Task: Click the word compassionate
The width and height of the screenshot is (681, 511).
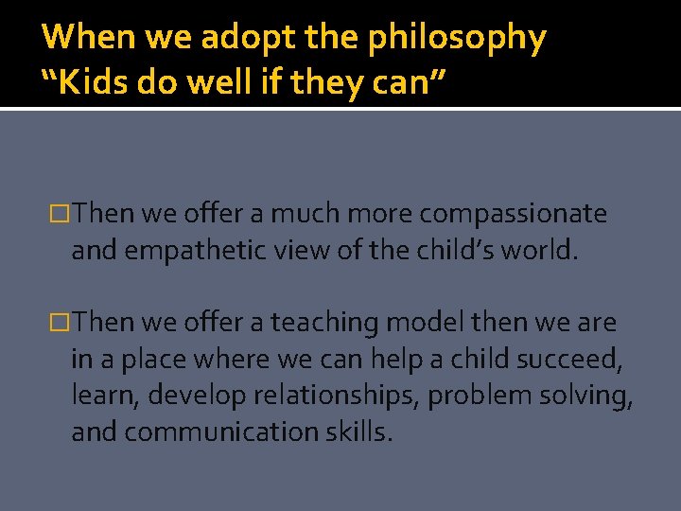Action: coord(513,214)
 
